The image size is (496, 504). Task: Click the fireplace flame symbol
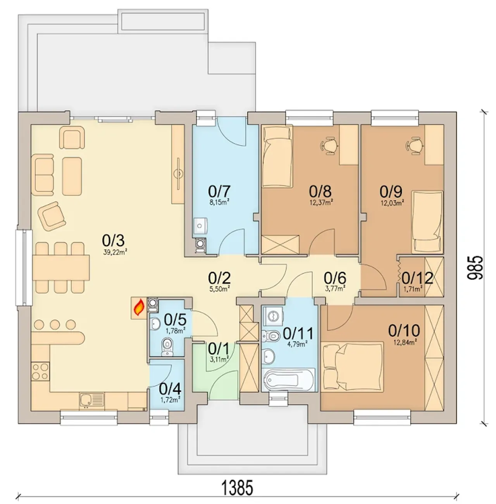pyautogui.click(x=139, y=307)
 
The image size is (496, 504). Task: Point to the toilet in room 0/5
pyautogui.click(x=167, y=346)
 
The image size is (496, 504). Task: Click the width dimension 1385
pyautogui.click(x=238, y=487)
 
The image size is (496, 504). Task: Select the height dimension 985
pyautogui.click(x=475, y=268)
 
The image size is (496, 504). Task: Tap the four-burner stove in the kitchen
pyautogui.click(x=40, y=371)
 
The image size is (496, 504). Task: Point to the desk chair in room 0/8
pyautogui.click(x=329, y=145)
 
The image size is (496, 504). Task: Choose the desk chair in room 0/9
pyautogui.click(x=415, y=145)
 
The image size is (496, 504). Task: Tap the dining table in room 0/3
pyautogui.click(x=61, y=268)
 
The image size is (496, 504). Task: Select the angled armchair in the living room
pyautogui.click(x=52, y=216)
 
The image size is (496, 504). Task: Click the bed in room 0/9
pyautogui.click(x=427, y=222)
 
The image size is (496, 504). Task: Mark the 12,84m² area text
pyautogui.click(x=405, y=342)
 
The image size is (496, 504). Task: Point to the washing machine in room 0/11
pyautogui.click(x=273, y=316)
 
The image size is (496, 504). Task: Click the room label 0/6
pyautogui.click(x=335, y=278)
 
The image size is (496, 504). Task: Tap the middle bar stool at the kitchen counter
pyautogui.click(x=55, y=325)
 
